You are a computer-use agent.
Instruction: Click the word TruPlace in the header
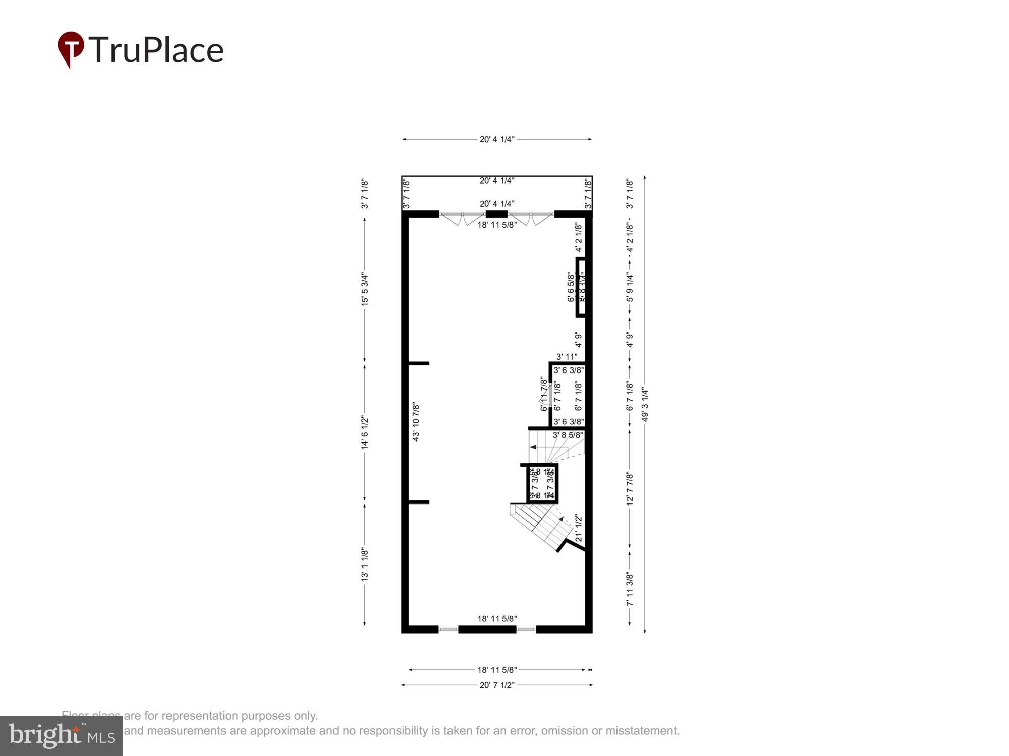[x=156, y=50]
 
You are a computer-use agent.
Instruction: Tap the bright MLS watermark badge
[x=62, y=735]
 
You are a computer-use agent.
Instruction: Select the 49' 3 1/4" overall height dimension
[x=645, y=404]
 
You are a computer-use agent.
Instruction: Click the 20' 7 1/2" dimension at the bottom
[x=497, y=685]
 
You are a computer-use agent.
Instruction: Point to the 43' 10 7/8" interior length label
[x=416, y=421]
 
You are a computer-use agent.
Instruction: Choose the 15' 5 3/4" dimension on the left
[x=365, y=289]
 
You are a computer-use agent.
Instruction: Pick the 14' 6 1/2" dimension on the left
[x=365, y=433]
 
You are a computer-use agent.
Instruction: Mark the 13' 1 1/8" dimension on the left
[x=365, y=564]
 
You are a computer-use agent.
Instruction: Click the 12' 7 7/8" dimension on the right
[x=630, y=488]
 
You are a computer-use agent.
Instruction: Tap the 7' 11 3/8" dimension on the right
[x=630, y=589]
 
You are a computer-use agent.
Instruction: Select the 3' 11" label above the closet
[x=567, y=357]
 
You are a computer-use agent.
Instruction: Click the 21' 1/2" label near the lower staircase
[x=579, y=528]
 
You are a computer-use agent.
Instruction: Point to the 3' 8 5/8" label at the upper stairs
[x=568, y=435]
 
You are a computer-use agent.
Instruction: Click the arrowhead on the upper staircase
[x=532, y=447]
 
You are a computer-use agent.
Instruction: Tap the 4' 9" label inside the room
[x=579, y=339]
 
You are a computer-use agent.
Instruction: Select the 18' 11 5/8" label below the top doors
[x=497, y=225]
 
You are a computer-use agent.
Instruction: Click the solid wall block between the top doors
[x=496, y=214]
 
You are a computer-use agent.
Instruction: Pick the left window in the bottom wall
[x=448, y=629]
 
